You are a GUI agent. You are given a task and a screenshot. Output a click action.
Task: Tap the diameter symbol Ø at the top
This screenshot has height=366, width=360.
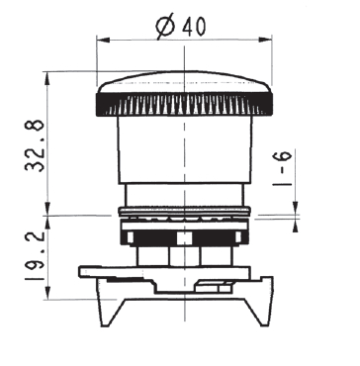(165, 27)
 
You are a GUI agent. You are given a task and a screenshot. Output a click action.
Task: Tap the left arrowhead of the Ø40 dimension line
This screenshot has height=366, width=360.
(101, 41)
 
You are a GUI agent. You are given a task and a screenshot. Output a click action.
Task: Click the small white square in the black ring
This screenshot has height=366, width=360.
(184, 238)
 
